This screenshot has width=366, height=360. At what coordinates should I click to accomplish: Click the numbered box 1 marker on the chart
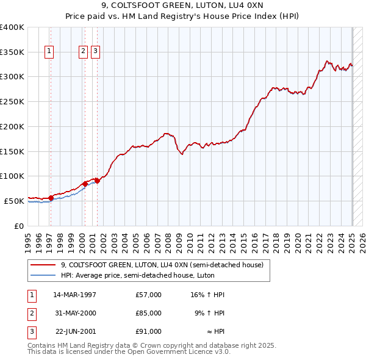tap(49, 52)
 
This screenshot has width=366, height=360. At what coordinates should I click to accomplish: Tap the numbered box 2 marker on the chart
tap(83, 52)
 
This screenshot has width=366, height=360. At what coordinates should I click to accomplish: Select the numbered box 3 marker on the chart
tap(96, 52)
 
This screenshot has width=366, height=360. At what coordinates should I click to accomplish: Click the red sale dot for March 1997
tap(51, 197)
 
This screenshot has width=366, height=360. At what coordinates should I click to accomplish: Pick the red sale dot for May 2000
tap(85, 183)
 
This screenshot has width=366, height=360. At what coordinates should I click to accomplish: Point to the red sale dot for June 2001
tap(97, 180)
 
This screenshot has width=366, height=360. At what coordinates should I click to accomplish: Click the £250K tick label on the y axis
tap(12, 102)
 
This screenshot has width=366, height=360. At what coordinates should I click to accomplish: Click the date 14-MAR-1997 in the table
tap(75, 295)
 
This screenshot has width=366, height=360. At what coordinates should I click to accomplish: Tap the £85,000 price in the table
tap(148, 313)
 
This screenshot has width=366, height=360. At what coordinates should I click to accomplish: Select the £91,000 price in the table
tap(148, 331)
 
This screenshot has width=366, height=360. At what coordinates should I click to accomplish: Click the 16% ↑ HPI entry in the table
tap(207, 295)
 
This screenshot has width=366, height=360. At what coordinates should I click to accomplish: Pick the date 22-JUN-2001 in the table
tap(75, 331)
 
